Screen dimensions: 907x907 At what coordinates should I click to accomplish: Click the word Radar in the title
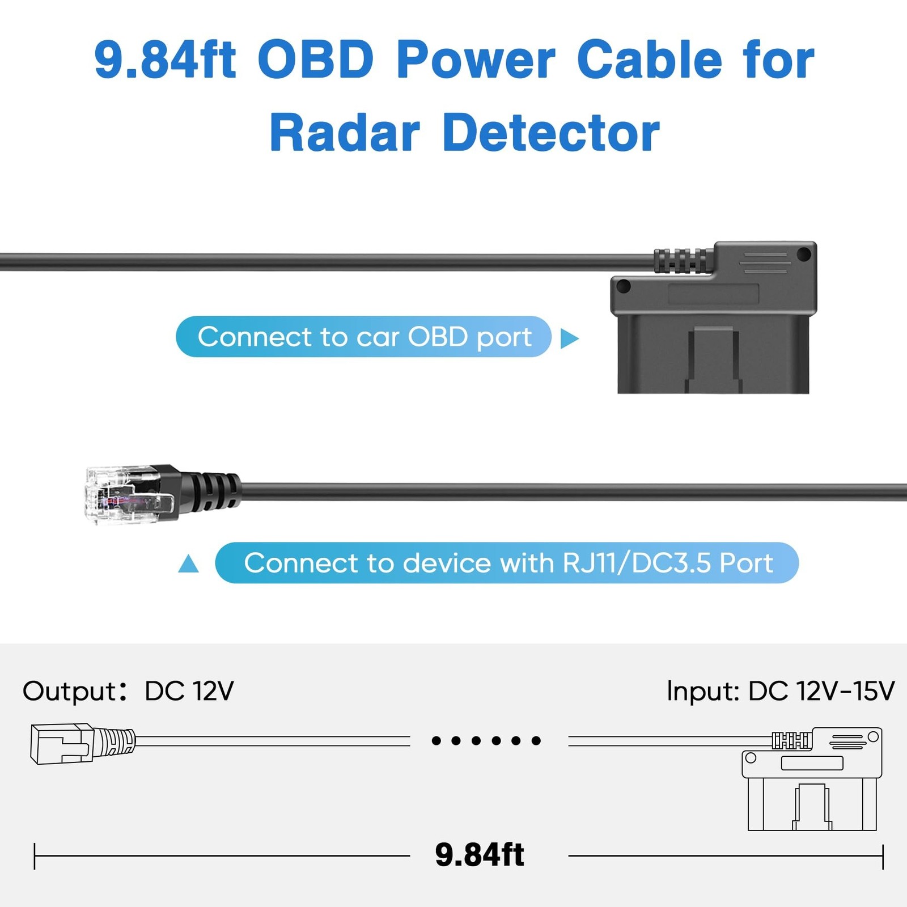345,133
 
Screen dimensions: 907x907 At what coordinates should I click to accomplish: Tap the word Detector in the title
551,133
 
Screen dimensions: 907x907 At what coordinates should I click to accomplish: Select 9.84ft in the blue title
165,60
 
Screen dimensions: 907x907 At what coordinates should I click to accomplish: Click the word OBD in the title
316,60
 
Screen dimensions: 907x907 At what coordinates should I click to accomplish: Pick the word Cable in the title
650,60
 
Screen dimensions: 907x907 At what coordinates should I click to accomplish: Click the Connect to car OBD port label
364,337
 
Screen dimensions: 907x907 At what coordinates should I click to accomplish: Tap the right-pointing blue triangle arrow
570,338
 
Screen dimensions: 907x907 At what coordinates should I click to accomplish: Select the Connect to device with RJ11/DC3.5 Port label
507,563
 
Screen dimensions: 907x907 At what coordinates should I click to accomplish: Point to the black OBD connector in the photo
714,317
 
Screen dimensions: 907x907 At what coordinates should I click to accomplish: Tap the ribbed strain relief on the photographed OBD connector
684,261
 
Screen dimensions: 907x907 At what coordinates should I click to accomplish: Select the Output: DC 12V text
128,691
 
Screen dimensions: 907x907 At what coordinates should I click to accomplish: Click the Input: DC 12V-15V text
781,691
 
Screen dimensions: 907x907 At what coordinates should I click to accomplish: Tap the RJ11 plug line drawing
83,743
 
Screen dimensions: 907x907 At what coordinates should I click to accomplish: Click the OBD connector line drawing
812,779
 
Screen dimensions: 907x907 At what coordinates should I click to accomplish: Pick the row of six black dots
486,740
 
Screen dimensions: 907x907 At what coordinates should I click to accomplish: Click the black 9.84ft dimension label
480,855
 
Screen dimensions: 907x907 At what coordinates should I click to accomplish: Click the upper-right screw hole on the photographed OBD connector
804,254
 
